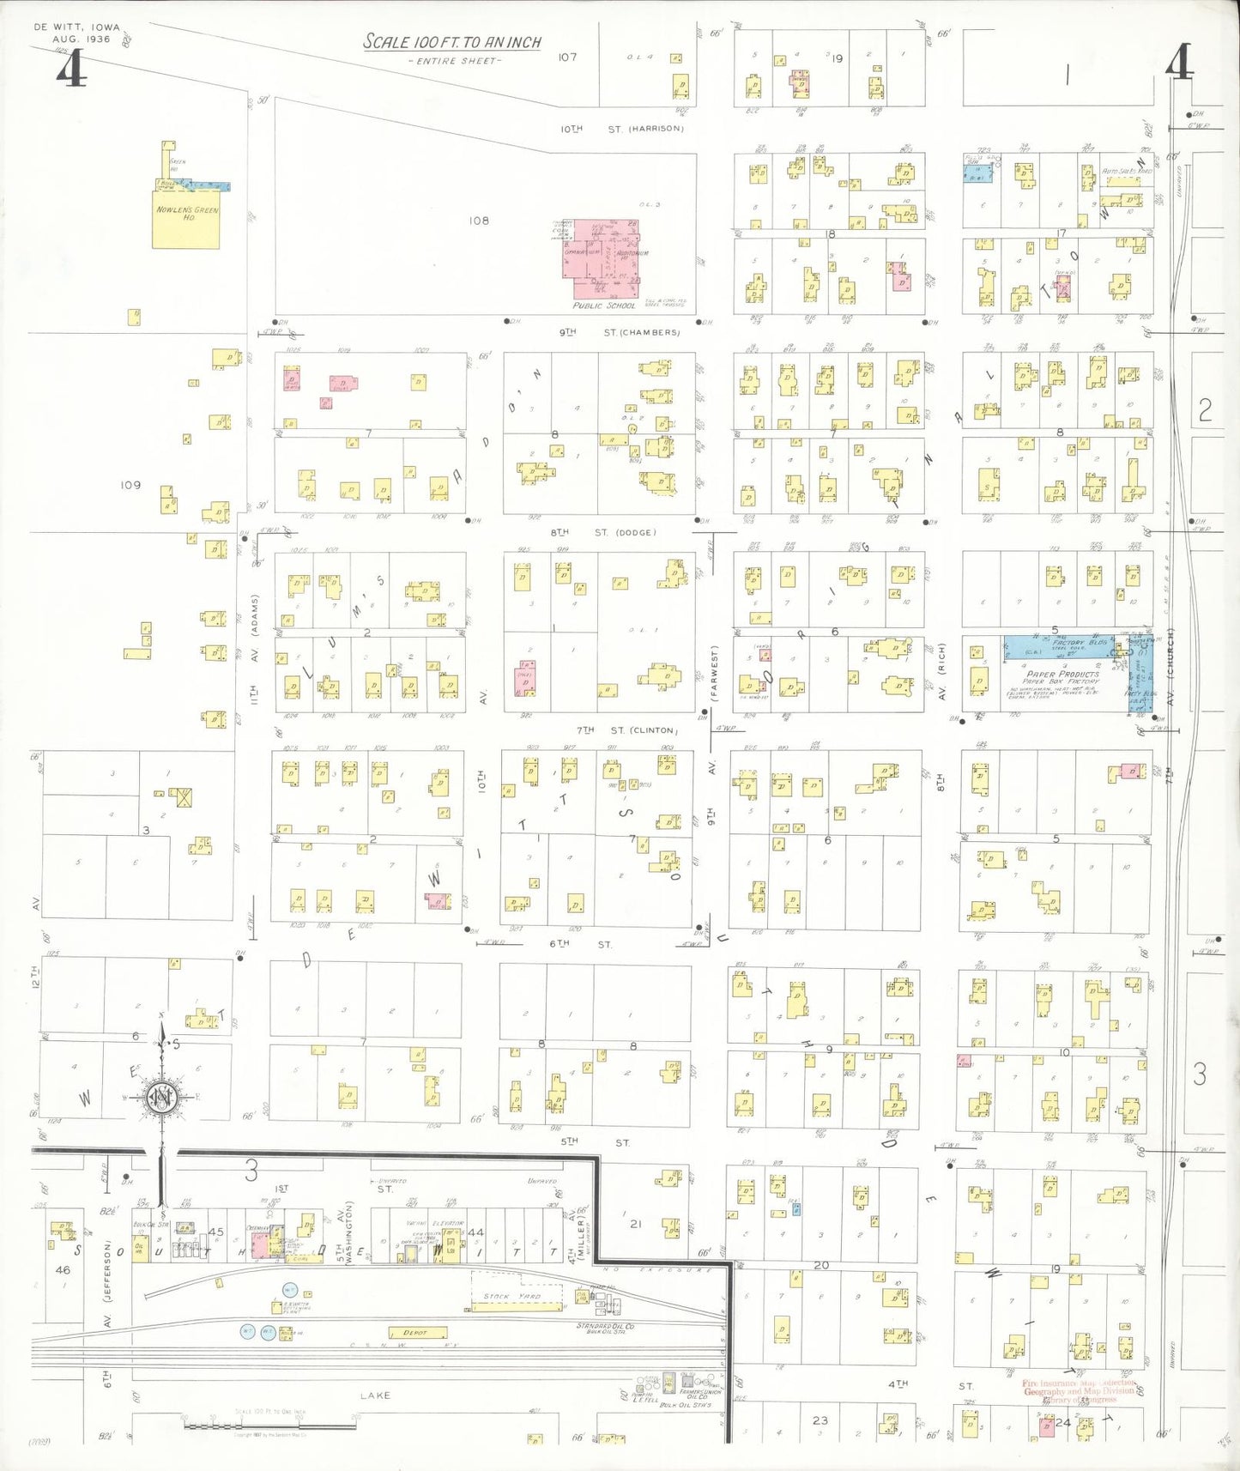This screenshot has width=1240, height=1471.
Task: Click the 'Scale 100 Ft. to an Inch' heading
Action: point(451,41)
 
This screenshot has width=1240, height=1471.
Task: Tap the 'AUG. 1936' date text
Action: point(82,39)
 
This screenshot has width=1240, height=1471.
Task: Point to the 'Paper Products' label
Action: point(1062,674)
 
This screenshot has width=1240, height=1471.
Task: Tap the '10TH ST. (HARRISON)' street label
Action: point(622,129)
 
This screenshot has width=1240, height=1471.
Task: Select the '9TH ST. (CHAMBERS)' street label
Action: point(620,332)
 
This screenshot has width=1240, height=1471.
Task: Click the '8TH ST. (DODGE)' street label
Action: point(603,532)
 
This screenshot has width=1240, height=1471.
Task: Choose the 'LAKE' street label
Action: point(375,1395)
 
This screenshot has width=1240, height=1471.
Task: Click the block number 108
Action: point(478,221)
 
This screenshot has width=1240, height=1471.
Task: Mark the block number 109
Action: point(130,485)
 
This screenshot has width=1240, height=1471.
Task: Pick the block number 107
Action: point(567,58)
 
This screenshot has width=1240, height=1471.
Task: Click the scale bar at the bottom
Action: point(269,1426)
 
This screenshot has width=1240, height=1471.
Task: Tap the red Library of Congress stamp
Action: point(1079,1391)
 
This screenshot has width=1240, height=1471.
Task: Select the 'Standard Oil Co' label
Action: point(605,1326)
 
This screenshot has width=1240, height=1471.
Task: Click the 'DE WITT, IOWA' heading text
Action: point(77,27)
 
